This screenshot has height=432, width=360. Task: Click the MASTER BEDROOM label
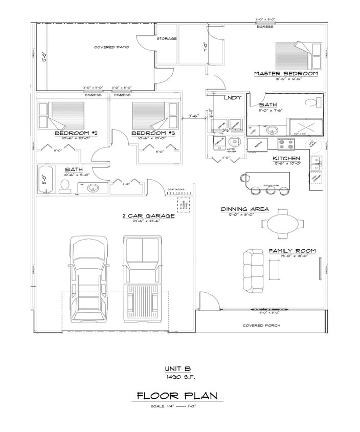[x=286, y=74]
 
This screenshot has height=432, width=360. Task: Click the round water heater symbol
[x=235, y=143]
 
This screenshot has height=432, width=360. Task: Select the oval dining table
[x=282, y=223]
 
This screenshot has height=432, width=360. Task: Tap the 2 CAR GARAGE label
[x=148, y=215]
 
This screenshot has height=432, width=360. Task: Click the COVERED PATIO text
[x=111, y=47]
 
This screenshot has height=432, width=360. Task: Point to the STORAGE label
[x=167, y=38]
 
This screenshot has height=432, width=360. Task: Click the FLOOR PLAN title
[x=177, y=395]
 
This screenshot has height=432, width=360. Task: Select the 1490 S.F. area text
[x=177, y=377]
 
